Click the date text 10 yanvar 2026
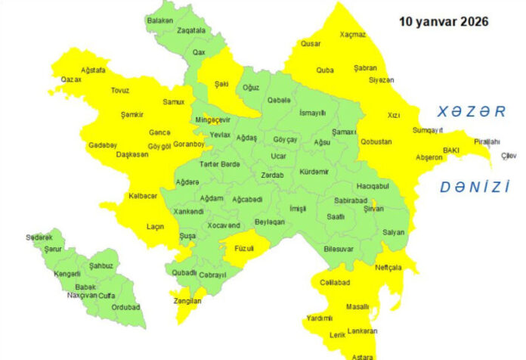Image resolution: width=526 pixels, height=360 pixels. pyautogui.click(x=443, y=22)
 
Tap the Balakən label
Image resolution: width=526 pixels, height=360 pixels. pyautogui.click(x=159, y=20)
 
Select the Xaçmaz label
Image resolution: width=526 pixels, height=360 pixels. pyautogui.click(x=352, y=35)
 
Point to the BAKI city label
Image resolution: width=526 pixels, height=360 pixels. pyautogui.click(x=451, y=151)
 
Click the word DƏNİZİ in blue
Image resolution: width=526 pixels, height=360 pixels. pyautogui.click(x=475, y=187)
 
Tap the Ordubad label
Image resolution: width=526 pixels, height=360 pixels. pyautogui.click(x=125, y=307)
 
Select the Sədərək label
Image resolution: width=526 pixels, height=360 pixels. pyautogui.click(x=39, y=237)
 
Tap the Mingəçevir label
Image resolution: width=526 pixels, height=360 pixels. pyautogui.click(x=212, y=120)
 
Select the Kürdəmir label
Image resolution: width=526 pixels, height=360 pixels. pyautogui.click(x=314, y=172)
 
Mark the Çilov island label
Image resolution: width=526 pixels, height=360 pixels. pyautogui.click(x=509, y=157)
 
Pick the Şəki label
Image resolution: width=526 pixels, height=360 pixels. pyautogui.click(x=221, y=84)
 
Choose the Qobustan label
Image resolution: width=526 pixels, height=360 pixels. pyautogui.click(x=376, y=141)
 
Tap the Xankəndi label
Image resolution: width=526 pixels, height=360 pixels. pyautogui.click(x=188, y=212)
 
